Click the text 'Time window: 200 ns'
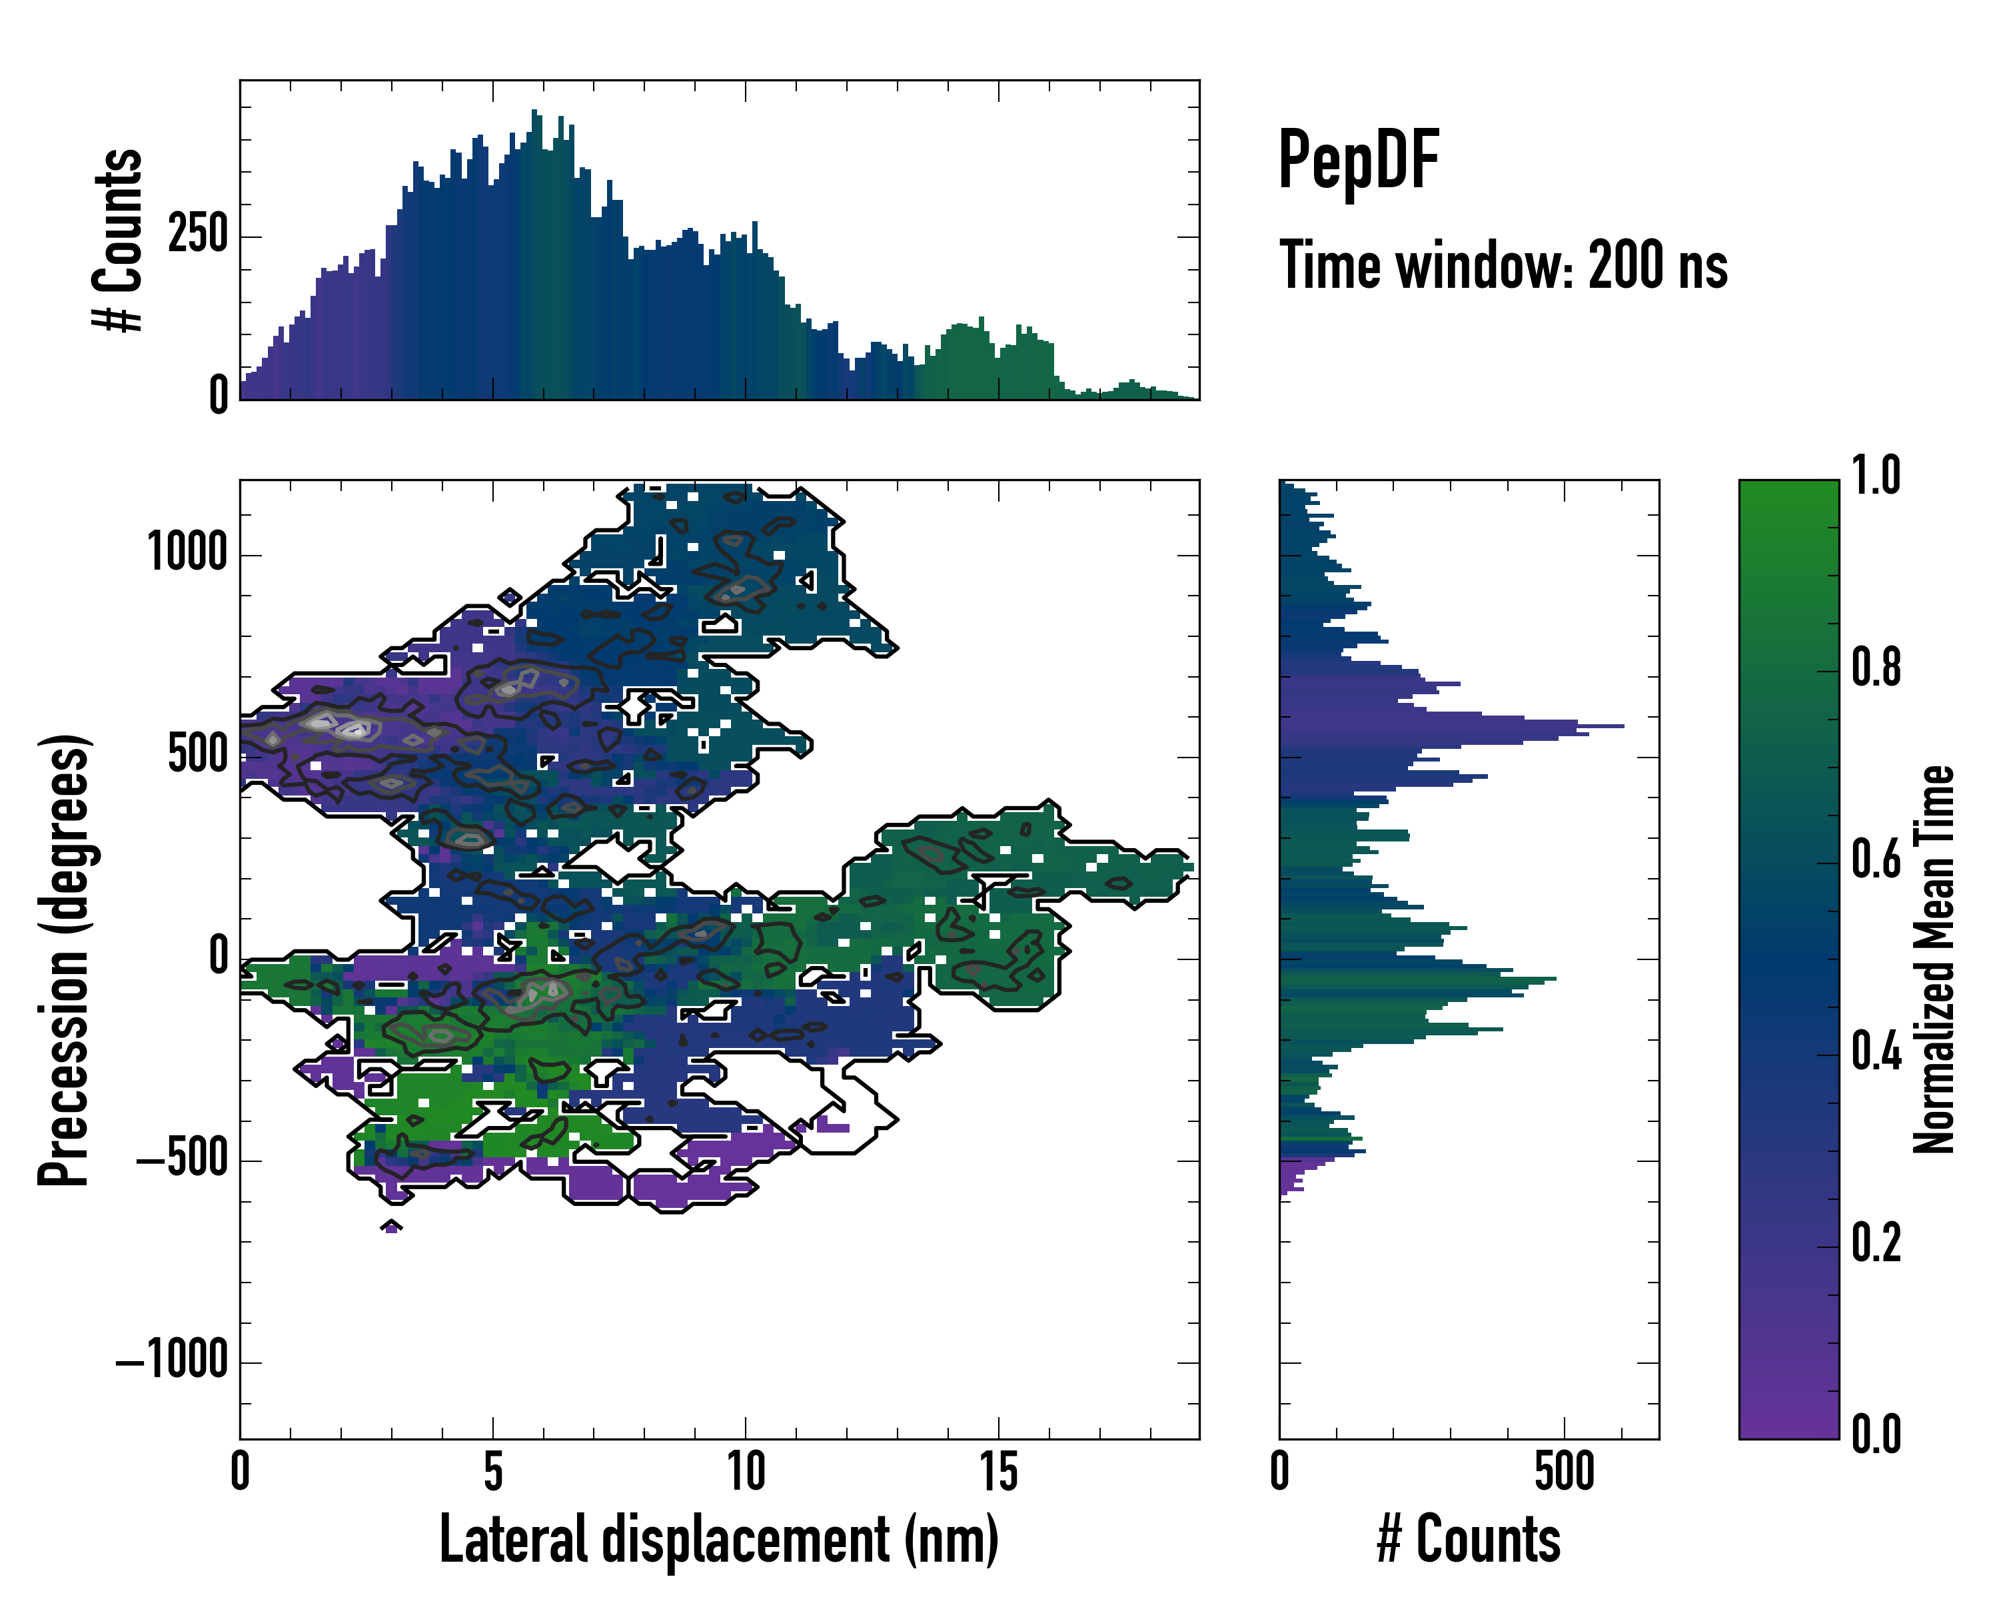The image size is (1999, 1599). click(1503, 266)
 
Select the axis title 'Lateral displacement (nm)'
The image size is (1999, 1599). click(718, 1539)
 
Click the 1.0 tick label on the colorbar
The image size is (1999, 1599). click(1876, 476)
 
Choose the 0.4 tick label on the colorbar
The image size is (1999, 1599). click(1876, 1053)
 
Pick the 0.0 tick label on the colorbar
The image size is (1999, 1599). click(1876, 1434)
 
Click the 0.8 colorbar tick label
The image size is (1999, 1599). click(1876, 668)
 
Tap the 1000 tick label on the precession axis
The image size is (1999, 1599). click(188, 554)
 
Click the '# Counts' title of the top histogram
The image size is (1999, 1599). click(119, 239)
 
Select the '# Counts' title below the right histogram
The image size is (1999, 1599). click(1469, 1539)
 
